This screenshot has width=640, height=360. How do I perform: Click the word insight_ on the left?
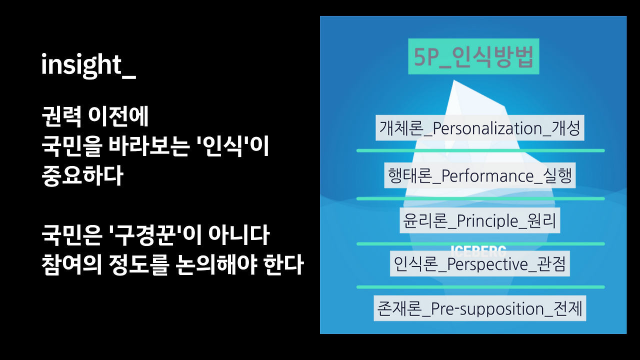click(x=88, y=65)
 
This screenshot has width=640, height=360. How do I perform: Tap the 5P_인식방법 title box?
click(x=473, y=56)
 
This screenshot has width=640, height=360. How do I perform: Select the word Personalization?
click(x=488, y=128)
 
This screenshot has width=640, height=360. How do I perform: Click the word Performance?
click(x=488, y=176)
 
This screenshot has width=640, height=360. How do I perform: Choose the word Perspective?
click(x=488, y=264)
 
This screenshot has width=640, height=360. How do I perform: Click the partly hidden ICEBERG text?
click(x=478, y=249)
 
